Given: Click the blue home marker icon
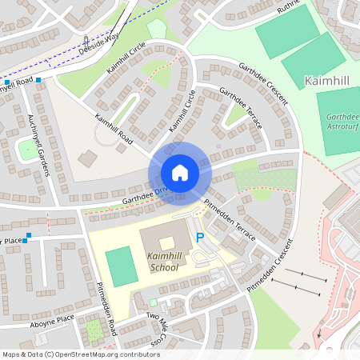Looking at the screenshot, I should tap(180, 172).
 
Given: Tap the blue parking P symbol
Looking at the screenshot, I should tap(200, 238).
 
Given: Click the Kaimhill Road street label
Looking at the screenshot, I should tap(112, 128).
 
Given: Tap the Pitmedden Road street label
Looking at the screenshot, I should tap(106, 308).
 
